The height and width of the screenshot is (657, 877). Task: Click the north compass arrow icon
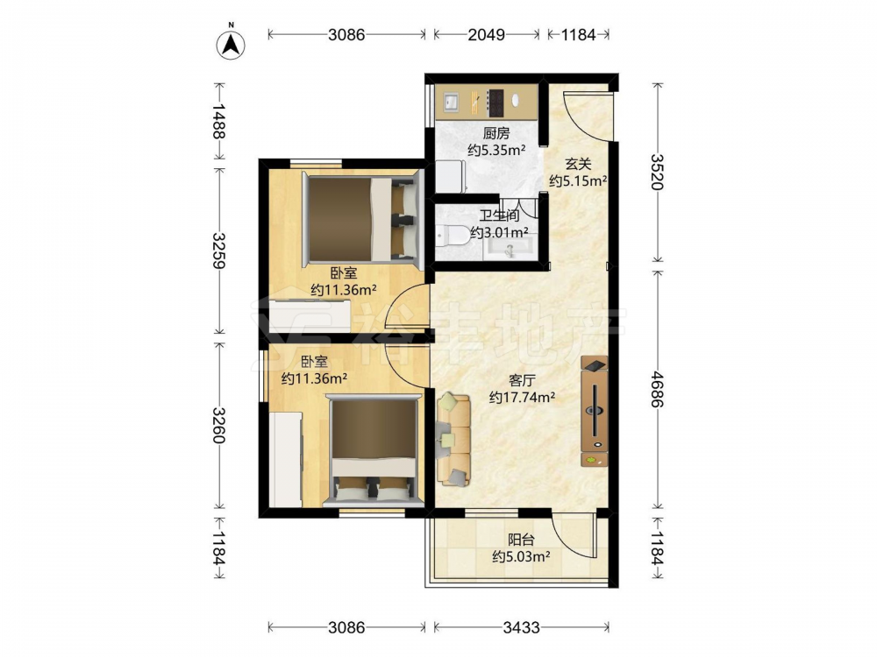231,45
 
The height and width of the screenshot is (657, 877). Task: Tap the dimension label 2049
486,35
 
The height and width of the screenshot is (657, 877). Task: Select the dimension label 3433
521,628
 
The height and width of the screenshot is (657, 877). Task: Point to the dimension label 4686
657,389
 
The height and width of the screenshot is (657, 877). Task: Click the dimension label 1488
219,121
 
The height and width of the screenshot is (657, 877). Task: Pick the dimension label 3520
657,172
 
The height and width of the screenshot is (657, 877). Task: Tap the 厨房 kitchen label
496,133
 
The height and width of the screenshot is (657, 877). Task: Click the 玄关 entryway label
578,165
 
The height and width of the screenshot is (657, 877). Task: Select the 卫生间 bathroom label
500,215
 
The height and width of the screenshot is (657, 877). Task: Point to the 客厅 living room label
522,381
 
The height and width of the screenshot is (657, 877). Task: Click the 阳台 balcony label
521,540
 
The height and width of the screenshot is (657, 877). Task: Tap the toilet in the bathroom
453,235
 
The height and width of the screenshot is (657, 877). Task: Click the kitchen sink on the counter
451,102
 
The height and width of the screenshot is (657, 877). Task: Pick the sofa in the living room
453,439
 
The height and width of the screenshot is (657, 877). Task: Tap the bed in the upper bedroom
361,219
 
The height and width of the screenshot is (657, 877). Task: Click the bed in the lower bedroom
374,449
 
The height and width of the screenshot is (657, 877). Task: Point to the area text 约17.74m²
522,397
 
